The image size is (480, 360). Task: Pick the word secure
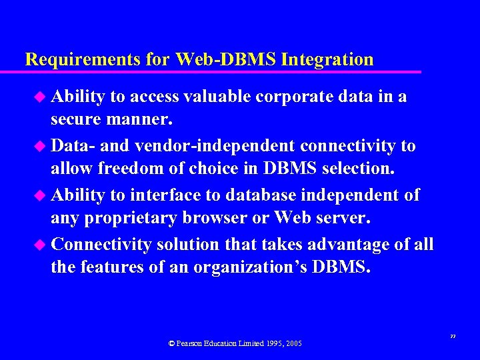[75, 121]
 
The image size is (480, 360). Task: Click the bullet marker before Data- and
[40, 145]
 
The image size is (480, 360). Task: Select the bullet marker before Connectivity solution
[40, 244]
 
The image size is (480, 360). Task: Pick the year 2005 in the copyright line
[293, 343]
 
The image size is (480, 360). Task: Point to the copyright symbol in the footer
[172, 343]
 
